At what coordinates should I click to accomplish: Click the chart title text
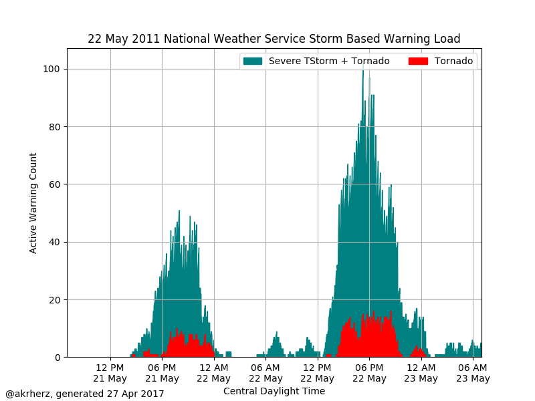point(274,39)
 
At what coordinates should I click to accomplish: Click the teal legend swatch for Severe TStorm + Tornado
point(252,61)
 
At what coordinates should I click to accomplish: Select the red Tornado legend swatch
point(418,61)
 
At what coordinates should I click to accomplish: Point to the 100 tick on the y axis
point(53,70)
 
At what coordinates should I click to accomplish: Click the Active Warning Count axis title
point(33,203)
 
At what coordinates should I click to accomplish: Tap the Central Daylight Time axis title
point(274,391)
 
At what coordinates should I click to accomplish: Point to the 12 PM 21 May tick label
point(111,373)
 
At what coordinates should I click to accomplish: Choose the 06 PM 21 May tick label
point(163,373)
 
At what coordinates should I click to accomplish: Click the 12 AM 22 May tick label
point(214,373)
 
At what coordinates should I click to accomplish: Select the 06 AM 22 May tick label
point(266,373)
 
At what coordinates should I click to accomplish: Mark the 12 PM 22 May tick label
point(318,373)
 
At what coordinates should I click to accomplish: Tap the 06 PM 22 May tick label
point(370,373)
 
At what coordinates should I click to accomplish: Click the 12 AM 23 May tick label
point(421,373)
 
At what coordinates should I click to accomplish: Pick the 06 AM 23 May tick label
point(473,373)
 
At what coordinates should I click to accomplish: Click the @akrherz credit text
point(85,394)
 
